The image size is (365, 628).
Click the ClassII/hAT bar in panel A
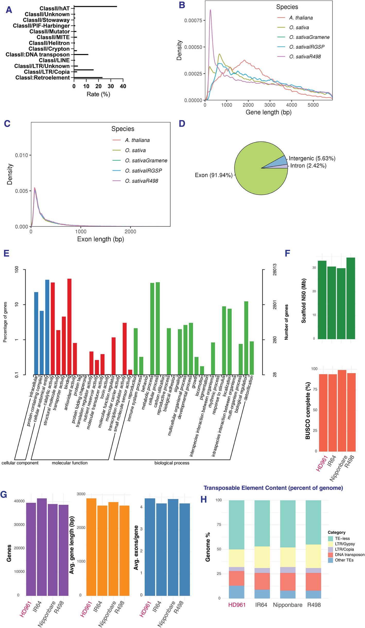click(x=95, y=6)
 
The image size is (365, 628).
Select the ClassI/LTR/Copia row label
click(x=47, y=72)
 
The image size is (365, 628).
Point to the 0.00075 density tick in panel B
click(x=193, y=20)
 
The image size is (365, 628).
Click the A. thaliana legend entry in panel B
click(x=301, y=18)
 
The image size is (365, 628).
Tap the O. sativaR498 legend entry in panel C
click(x=141, y=181)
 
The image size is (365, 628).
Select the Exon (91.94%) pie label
click(x=213, y=175)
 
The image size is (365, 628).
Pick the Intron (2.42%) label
click(x=308, y=166)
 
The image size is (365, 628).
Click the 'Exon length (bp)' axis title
click(x=100, y=239)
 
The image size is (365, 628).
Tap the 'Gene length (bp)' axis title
click(x=268, y=112)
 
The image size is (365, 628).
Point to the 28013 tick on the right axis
click(x=275, y=270)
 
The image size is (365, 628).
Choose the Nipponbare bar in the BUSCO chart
click(x=342, y=411)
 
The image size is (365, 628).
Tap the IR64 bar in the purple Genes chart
click(x=42, y=547)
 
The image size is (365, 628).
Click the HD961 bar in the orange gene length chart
click(x=91, y=547)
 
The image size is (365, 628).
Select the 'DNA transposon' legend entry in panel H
click(x=349, y=555)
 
